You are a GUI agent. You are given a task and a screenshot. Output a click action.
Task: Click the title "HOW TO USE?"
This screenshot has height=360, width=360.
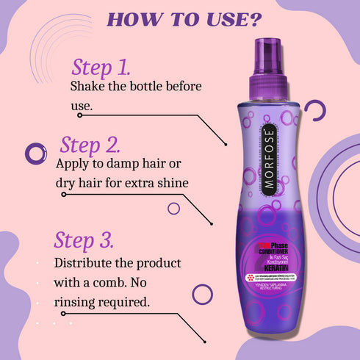click(180, 18)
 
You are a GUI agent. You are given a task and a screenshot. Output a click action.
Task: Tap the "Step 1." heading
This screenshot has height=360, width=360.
click(101, 68)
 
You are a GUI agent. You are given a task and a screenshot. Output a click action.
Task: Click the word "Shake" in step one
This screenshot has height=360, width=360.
click(89, 87)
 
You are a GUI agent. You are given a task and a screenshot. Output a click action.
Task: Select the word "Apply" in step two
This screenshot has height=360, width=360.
click(76, 162)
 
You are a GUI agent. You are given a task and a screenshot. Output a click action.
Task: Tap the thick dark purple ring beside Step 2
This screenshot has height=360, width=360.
click(35, 154)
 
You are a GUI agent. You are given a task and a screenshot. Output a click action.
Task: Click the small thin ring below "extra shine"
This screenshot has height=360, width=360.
click(173, 208)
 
